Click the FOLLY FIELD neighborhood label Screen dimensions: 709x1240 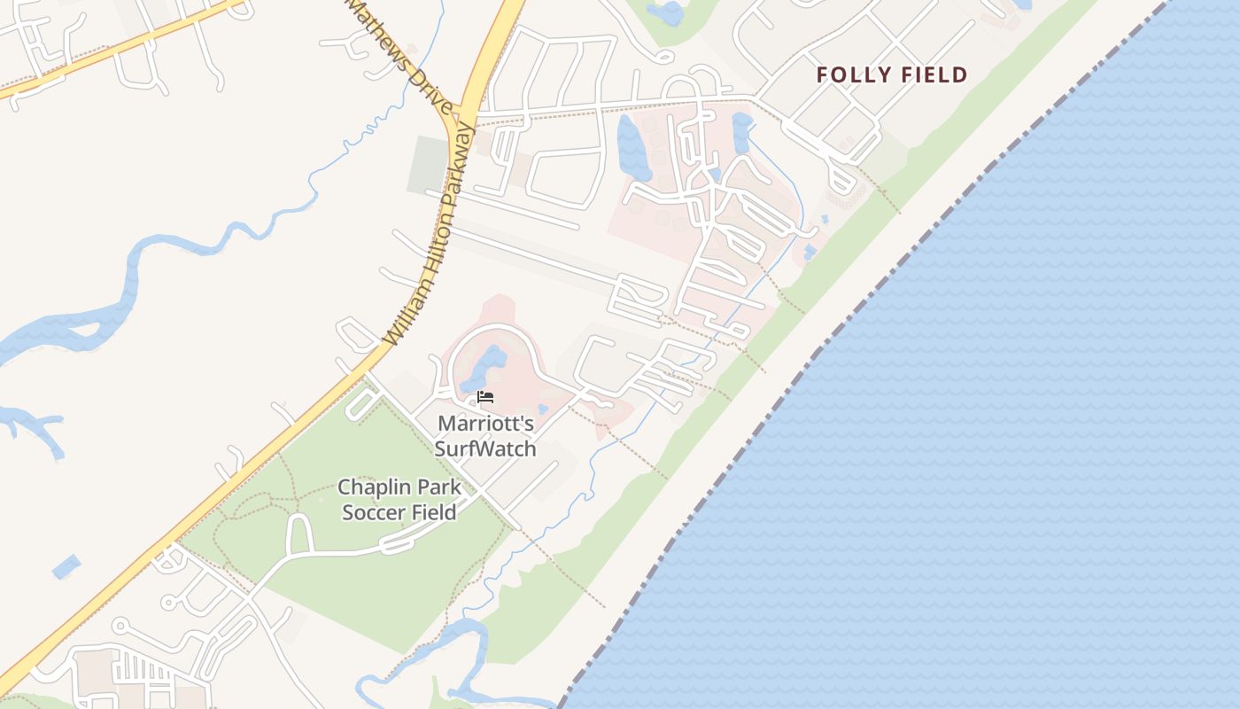click(891, 75)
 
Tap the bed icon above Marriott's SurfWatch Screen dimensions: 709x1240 click(484, 397)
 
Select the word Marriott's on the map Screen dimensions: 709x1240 click(484, 424)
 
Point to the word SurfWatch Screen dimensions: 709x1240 click(484, 448)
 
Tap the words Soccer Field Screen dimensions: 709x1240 click(399, 512)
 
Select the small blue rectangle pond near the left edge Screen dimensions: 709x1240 click(66, 566)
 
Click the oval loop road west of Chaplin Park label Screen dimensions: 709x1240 click(299, 534)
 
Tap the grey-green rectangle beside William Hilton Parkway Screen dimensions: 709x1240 click(428, 165)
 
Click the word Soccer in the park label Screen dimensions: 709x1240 click(372, 512)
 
